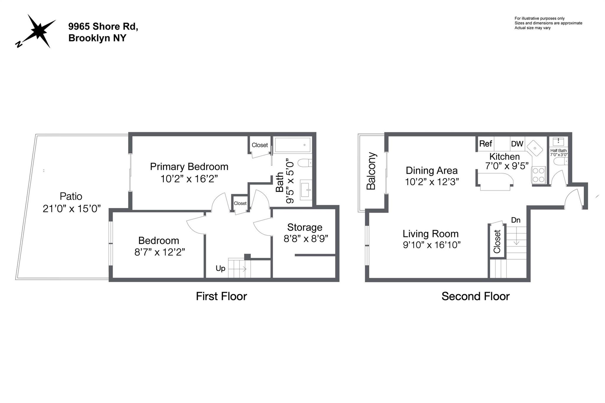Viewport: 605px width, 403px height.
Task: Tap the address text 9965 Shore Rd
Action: (x=103, y=26)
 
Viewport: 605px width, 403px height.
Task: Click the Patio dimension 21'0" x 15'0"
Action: (x=72, y=209)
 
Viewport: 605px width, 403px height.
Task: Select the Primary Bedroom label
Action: (x=189, y=167)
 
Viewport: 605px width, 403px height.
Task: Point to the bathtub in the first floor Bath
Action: (x=292, y=145)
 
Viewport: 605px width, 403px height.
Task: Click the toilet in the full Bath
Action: (x=304, y=163)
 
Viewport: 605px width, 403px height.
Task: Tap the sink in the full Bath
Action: (x=306, y=190)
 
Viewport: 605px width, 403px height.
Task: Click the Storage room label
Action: (x=305, y=227)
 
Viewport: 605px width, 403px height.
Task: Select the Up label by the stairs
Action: (x=220, y=268)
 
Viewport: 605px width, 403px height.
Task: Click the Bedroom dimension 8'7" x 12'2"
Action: (x=160, y=252)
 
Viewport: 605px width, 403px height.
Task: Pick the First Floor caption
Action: (x=221, y=296)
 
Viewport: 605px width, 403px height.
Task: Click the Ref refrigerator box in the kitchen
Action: (x=486, y=144)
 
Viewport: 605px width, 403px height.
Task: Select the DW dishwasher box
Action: (x=517, y=144)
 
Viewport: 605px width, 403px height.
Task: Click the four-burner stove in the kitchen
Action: (x=539, y=175)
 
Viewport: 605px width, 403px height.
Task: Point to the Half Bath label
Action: (x=558, y=151)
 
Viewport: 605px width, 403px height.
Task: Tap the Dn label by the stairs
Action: (x=515, y=220)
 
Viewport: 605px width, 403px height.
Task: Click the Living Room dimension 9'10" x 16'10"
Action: (x=432, y=245)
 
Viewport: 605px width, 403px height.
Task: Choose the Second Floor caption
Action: (x=475, y=296)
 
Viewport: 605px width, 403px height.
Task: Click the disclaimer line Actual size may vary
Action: (x=532, y=28)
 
